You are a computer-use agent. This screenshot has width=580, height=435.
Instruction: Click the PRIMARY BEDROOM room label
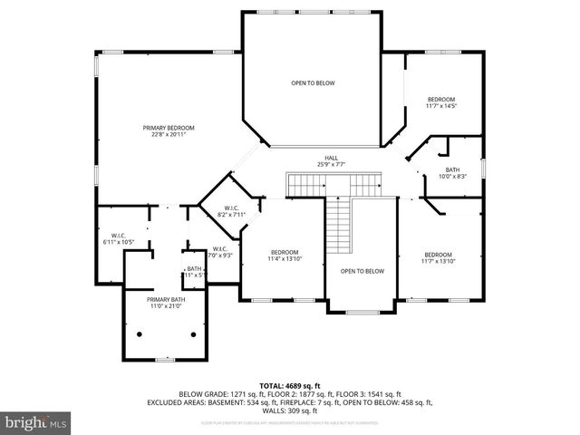(x=168, y=128)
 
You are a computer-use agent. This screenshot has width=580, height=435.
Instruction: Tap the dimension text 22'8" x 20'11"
(x=168, y=135)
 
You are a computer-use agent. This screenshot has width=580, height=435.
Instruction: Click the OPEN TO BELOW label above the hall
(x=313, y=83)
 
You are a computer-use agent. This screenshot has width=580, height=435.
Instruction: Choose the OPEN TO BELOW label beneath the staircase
(x=362, y=271)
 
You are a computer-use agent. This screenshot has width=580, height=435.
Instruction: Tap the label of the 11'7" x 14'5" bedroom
(x=440, y=99)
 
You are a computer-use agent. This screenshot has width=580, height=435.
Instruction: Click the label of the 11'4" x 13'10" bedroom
(x=284, y=252)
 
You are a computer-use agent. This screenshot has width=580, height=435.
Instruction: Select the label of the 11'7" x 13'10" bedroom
(x=438, y=255)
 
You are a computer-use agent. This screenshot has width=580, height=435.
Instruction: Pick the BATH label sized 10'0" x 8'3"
(x=453, y=169)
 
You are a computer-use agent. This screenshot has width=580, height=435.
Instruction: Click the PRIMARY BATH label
(x=166, y=299)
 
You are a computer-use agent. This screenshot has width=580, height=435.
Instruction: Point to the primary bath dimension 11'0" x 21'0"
(x=166, y=306)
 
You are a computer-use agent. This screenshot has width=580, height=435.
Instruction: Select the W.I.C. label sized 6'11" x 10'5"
(x=116, y=236)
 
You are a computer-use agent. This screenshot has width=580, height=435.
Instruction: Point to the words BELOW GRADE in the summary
(x=201, y=394)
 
